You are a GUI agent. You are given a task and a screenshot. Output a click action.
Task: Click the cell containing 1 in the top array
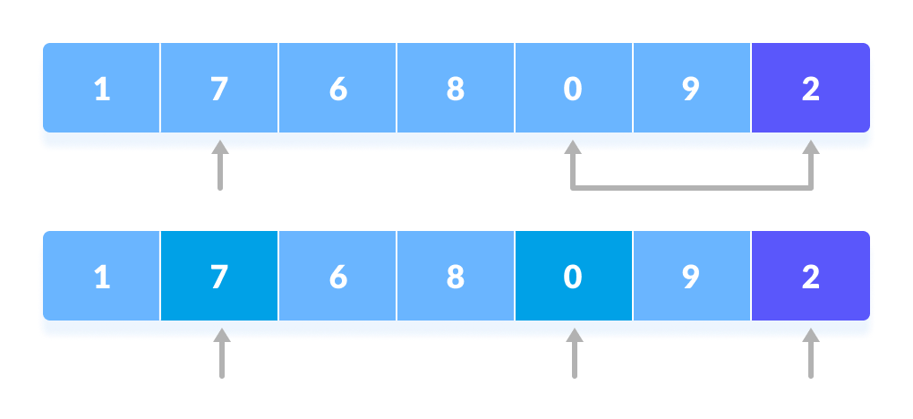point(101,89)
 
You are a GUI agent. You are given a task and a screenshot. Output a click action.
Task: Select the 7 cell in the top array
point(219,89)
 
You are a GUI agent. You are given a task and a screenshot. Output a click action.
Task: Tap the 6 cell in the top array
point(337,89)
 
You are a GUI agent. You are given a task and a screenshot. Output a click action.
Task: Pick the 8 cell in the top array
point(456,89)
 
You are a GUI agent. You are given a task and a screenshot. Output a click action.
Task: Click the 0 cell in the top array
point(574,89)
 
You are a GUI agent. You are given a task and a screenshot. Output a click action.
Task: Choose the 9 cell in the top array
point(692,89)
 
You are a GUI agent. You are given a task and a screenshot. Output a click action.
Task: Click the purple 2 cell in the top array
point(810,89)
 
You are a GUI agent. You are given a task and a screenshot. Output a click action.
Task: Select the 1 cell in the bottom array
point(101,277)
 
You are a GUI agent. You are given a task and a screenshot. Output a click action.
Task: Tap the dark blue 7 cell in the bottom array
point(219,277)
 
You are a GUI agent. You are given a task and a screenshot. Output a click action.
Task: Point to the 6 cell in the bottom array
point(337,277)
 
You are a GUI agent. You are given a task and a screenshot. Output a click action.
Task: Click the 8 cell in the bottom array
point(456,277)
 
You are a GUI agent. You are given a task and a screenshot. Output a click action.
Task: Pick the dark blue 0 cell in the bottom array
point(574,277)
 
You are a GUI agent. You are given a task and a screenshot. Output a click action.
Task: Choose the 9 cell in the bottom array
point(692,277)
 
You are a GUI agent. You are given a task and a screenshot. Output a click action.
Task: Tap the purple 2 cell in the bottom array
point(810,277)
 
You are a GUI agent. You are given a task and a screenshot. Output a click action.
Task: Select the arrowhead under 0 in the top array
point(573,148)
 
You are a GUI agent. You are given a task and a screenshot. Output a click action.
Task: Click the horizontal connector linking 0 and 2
point(692,188)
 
